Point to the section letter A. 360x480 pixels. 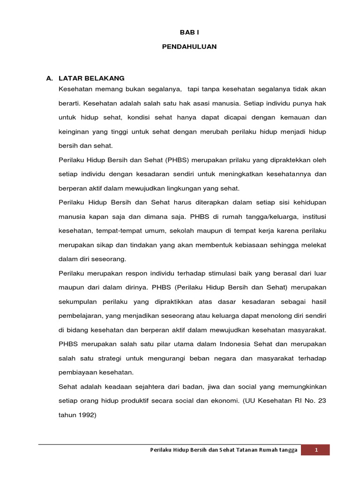[x=49, y=78]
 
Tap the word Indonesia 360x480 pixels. [x=238, y=344]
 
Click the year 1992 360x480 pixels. [x=87, y=415]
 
